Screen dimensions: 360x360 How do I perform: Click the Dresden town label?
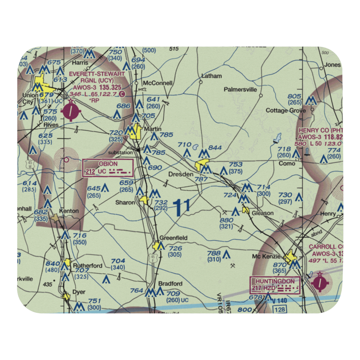coord(181,174)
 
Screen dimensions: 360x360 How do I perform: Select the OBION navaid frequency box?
coord(108,168)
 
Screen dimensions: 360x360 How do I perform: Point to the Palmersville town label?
coord(240,89)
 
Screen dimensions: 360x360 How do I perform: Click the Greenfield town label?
coord(174,238)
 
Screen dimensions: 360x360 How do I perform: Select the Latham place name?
coord(212,76)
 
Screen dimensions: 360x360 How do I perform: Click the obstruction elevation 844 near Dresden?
coord(215,148)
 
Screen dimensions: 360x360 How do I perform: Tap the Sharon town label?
coord(125,202)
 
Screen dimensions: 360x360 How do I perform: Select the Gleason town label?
coord(262,213)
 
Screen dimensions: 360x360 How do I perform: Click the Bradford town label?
coord(170,284)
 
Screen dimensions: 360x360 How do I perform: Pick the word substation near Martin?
coord(121,153)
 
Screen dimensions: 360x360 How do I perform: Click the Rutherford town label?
coord(87,266)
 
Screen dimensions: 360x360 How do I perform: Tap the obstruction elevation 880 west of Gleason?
coord(226,220)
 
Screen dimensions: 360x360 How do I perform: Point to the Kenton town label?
coord(69,211)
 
